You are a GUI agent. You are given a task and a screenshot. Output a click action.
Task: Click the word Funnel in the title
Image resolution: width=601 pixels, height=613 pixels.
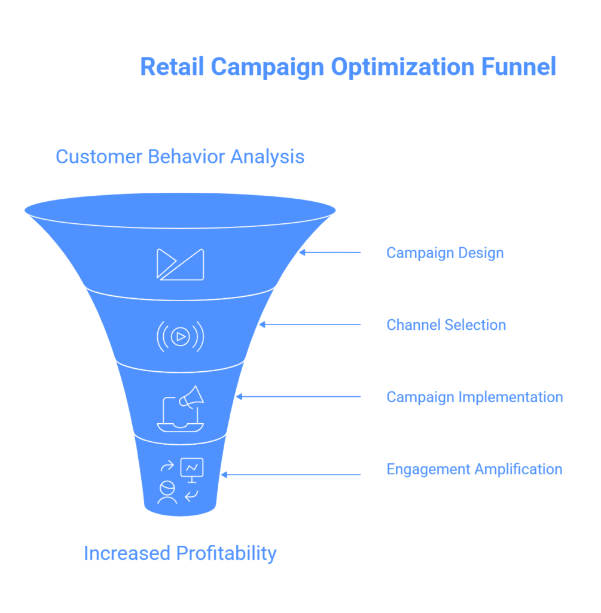[518, 66]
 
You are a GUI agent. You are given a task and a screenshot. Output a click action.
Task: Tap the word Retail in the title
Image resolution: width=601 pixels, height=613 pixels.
[172, 66]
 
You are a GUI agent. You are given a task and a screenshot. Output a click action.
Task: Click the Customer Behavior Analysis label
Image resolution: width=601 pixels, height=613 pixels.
[180, 157]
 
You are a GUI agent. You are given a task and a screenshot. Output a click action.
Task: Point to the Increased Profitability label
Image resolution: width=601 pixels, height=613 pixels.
[180, 553]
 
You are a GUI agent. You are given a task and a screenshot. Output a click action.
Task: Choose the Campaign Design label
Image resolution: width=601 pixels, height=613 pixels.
[445, 253]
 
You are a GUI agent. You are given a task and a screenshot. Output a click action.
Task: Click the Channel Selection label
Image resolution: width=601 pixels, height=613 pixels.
[446, 325]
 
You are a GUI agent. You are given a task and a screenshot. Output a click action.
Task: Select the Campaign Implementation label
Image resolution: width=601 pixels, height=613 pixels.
[474, 397]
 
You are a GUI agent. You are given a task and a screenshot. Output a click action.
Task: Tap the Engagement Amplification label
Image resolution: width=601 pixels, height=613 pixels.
[474, 469]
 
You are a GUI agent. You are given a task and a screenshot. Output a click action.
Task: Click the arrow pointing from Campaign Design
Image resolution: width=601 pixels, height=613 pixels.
[330, 253]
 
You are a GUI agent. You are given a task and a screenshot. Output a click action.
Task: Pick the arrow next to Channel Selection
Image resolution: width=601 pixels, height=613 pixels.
[310, 324]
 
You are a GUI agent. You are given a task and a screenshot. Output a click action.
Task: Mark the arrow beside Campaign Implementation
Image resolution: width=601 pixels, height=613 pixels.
[298, 397]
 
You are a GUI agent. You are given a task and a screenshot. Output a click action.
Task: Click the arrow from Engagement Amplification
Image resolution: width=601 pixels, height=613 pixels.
[291, 475]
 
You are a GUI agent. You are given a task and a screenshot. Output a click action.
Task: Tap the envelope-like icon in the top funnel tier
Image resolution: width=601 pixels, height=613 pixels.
[180, 265]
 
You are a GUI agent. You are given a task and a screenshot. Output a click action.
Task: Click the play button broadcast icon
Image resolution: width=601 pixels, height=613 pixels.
[180, 336]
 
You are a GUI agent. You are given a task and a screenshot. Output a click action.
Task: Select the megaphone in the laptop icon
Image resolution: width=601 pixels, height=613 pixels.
[192, 397]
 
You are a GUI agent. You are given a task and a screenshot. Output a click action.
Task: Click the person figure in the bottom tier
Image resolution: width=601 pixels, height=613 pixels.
[167, 493]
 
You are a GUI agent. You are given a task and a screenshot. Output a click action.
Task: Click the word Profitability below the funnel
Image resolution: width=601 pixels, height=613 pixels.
[226, 554]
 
